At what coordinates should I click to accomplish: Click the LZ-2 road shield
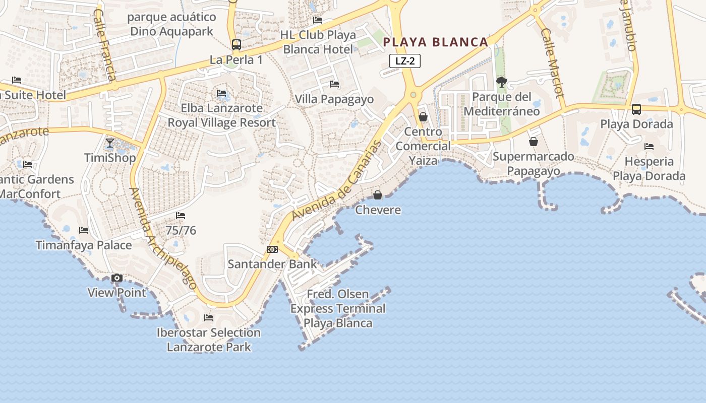(x=405, y=61)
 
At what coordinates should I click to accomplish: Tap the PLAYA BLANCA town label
(x=436, y=42)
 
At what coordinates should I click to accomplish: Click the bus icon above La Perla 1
(x=236, y=45)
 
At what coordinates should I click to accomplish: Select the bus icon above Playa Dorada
(x=636, y=109)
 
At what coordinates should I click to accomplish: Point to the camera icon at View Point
(x=117, y=278)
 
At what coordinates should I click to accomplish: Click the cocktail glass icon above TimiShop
(x=110, y=143)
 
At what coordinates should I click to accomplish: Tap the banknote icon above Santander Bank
(x=272, y=249)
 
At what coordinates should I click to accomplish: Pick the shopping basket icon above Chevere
(x=377, y=195)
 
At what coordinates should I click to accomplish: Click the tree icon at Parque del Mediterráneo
(x=501, y=82)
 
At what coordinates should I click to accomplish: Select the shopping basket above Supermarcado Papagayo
(x=534, y=142)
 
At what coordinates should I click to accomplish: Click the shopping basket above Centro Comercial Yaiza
(x=423, y=117)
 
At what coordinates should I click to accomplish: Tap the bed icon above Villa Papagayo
(x=334, y=84)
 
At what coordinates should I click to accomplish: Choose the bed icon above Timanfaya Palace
(x=84, y=230)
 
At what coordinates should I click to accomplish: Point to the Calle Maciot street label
(x=552, y=62)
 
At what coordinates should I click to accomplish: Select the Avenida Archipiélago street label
(x=162, y=238)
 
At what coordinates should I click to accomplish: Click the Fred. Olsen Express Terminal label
(x=338, y=308)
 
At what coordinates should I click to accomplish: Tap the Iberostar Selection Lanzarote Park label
(x=209, y=340)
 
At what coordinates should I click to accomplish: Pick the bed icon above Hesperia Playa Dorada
(x=649, y=147)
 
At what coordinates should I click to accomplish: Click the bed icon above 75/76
(x=181, y=216)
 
